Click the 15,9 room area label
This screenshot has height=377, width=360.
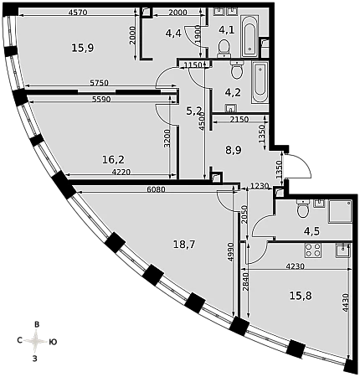coord(83,48)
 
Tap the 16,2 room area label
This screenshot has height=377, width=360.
coord(113,160)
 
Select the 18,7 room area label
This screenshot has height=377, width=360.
coord(184,245)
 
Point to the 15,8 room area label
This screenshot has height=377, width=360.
coord(301,296)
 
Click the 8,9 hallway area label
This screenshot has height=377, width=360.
coord(234,151)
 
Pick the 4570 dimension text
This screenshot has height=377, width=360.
coord(78,13)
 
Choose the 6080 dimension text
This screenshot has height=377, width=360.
coord(156,189)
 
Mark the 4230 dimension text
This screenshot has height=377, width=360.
coord(295,266)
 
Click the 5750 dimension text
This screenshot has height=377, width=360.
coord(99,83)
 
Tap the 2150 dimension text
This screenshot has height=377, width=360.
coord(239,120)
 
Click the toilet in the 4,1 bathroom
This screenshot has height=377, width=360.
coord(224,47)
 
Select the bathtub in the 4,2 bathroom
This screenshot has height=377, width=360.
coord(260,82)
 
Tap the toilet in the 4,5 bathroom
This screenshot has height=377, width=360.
coord(302,209)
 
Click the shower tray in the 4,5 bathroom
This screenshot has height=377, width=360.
coord(340,211)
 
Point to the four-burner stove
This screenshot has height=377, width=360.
coord(313,250)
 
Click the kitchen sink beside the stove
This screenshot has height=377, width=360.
coord(342,250)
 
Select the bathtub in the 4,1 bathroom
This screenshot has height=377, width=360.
coord(249,36)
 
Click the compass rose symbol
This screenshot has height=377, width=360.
coord(36,341)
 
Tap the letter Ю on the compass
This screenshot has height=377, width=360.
coord(53,342)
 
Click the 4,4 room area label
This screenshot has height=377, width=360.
coord(173,34)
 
